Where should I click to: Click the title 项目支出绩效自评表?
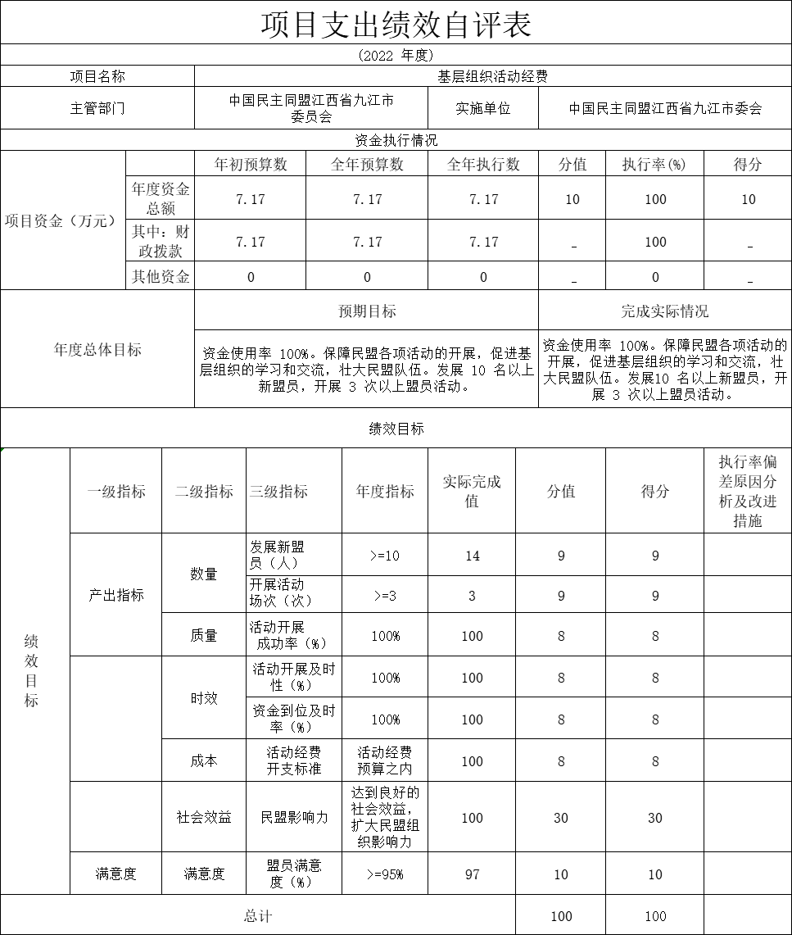(396, 24)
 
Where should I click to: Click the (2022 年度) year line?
(396, 56)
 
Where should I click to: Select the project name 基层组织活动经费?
(492, 76)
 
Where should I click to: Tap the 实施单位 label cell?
(483, 108)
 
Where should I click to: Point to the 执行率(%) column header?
(654, 165)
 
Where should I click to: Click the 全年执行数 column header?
(483, 165)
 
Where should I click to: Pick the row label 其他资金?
(161, 276)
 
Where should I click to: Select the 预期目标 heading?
(367, 311)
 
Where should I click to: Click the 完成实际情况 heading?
(664, 311)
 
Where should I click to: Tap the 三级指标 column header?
(278, 492)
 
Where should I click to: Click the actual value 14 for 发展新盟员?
(472, 556)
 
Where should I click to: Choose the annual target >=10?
(384, 556)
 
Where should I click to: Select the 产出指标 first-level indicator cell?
(116, 595)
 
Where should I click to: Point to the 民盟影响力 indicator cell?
(294, 818)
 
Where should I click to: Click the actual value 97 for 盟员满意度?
(472, 874)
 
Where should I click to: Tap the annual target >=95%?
(384, 874)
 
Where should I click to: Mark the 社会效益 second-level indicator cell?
(204, 818)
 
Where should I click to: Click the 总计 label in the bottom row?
(258, 916)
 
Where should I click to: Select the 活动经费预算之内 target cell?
(384, 760)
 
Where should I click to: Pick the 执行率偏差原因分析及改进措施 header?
(748, 492)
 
